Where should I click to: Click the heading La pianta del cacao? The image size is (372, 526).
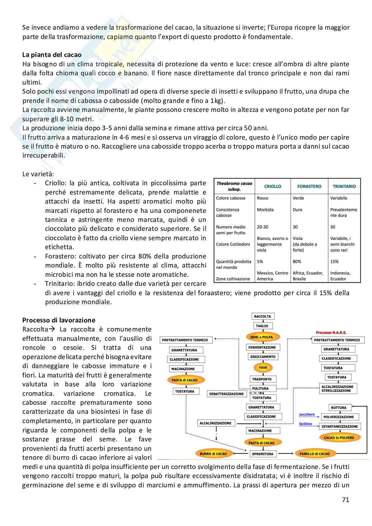coord(52,55)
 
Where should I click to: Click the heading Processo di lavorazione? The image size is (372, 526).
coord(59,320)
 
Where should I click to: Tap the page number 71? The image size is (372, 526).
coord(345,499)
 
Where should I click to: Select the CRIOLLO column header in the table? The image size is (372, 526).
coord(272,187)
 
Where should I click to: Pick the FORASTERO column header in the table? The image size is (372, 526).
coord(309,187)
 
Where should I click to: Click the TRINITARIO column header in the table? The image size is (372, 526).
coord(344,187)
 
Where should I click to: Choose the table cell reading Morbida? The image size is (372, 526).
coord(265,210)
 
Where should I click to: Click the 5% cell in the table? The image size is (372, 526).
coord(260,262)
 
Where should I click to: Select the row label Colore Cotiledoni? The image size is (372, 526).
coord(233,245)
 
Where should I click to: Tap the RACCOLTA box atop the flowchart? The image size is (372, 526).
coord(263,316)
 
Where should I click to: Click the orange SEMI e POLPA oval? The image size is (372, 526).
coord(262,337)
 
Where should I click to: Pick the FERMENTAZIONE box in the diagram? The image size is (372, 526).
coord(262,347)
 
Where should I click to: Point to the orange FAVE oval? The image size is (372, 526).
coord(263,368)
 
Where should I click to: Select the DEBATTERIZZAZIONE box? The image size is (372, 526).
coord(226,394)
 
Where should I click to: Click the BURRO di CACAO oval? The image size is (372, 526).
coord(213,454)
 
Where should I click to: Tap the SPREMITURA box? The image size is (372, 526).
coord(263,454)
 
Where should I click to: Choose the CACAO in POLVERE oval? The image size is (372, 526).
coord(339,438)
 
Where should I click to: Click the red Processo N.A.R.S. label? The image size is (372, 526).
coord(331,332)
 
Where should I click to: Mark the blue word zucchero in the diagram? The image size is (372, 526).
coord(307,415)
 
